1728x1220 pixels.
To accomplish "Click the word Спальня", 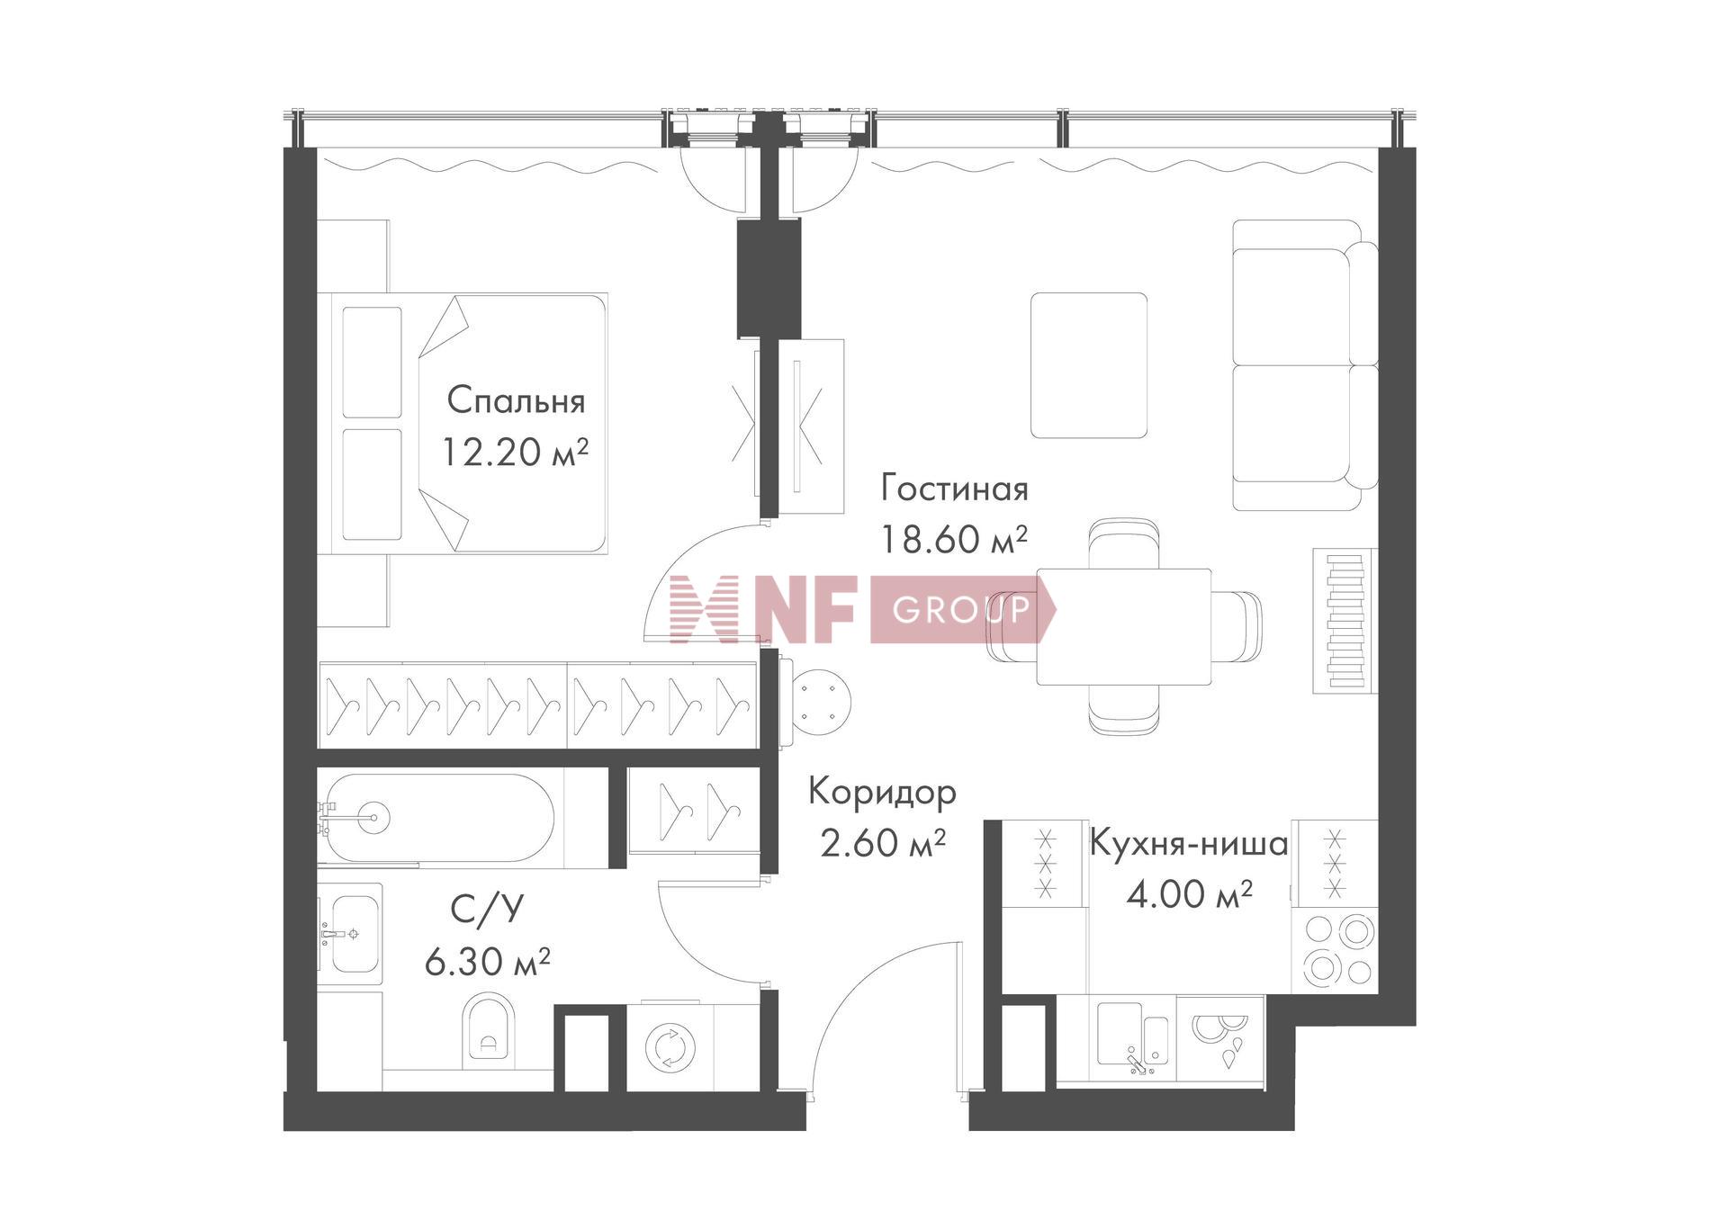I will coord(516,401).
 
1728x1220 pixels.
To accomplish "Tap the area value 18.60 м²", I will coord(953,540).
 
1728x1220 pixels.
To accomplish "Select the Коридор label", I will coord(881,793).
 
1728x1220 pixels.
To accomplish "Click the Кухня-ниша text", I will coord(1189,845).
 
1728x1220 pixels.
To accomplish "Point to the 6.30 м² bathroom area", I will coord(487,963).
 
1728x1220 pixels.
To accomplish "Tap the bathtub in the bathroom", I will coord(438,818).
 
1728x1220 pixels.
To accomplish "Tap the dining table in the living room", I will coord(1123,626).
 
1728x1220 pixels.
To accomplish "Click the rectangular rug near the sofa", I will coord(1089,365).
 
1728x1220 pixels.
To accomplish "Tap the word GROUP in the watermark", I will coord(960,611).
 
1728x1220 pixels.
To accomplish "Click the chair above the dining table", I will coord(1122,543).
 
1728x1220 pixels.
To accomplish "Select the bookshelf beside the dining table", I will coord(1345,621).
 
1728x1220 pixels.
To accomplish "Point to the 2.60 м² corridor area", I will coord(882,843).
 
